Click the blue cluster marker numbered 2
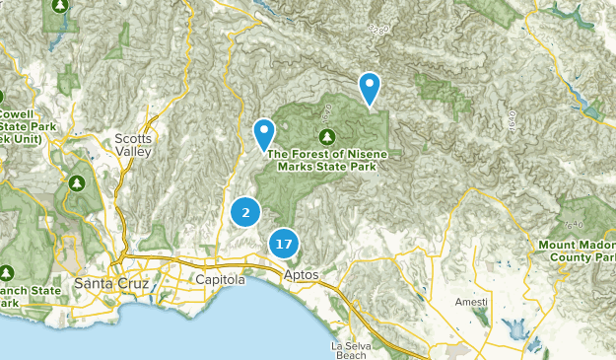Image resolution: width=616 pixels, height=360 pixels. pos(245,211)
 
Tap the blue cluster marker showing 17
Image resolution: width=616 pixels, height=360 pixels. pos(284,243)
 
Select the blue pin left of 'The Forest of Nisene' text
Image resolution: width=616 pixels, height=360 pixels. pos(264,133)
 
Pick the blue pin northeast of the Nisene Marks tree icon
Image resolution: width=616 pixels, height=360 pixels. pos(370,88)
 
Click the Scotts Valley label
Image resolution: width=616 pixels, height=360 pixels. pos(133,145)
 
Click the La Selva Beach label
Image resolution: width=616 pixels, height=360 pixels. pos(349,350)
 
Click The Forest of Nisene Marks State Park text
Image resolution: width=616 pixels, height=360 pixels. pos(335,159)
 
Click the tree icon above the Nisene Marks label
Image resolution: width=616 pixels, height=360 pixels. pos(328,135)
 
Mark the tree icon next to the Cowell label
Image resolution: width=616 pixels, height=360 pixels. pos(3,97)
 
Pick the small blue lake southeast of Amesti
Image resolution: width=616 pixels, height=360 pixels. pos(514,328)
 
